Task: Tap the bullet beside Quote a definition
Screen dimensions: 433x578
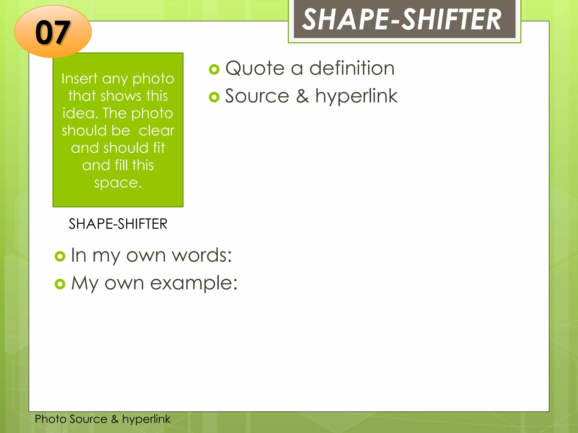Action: tap(214, 69)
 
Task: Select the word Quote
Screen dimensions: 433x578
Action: tap(255, 68)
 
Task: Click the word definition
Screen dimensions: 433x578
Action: tap(352, 68)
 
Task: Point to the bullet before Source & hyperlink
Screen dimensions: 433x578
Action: tap(214, 97)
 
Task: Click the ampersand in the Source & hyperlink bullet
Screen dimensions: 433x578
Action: tap(302, 96)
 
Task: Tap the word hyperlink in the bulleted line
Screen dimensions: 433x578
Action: tap(356, 97)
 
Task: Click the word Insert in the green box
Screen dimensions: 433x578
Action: tap(79, 78)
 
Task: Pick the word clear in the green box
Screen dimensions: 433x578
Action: tap(157, 131)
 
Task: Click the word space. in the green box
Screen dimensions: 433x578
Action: tap(118, 183)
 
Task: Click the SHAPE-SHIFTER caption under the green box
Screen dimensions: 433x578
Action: tap(118, 224)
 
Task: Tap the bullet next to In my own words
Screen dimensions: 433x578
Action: tap(60, 256)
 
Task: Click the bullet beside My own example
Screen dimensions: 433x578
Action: tap(60, 284)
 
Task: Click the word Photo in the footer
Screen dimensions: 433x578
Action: tap(51, 419)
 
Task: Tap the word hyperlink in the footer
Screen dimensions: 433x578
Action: tap(146, 419)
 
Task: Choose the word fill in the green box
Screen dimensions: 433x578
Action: tap(122, 165)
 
